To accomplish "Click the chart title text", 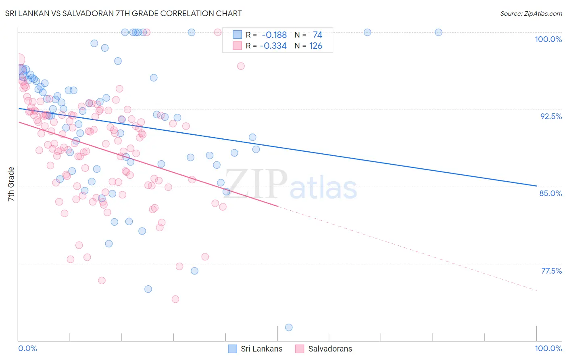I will pyautogui.click(x=123, y=13).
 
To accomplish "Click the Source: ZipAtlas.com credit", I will pyautogui.click(x=531, y=13).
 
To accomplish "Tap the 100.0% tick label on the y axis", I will pyautogui.click(x=548, y=39).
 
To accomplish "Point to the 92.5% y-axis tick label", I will pyautogui.click(x=551, y=116).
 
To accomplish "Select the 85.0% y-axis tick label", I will pyautogui.click(x=550, y=193).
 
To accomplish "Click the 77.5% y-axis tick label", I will pyautogui.click(x=551, y=271).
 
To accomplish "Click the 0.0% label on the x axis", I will pyautogui.click(x=27, y=348).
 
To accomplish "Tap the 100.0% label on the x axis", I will pyautogui.click(x=548, y=348).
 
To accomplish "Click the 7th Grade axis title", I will pyautogui.click(x=11, y=184).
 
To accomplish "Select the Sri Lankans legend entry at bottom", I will pyautogui.click(x=255, y=349).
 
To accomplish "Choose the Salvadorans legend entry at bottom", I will pyautogui.click(x=324, y=349).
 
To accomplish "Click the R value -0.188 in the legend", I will pyautogui.click(x=274, y=35).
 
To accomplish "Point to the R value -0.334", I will pyautogui.click(x=273, y=46).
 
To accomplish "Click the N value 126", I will pyautogui.click(x=316, y=46).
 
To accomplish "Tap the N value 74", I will pyautogui.click(x=317, y=35).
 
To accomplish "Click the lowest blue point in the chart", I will pyautogui.click(x=289, y=327).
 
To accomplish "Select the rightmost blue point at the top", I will pyautogui.click(x=438, y=32).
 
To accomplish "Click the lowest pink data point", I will pyautogui.click(x=175, y=299).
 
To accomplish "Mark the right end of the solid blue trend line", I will pyautogui.click(x=536, y=186).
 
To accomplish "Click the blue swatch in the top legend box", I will pyautogui.click(x=238, y=35).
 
